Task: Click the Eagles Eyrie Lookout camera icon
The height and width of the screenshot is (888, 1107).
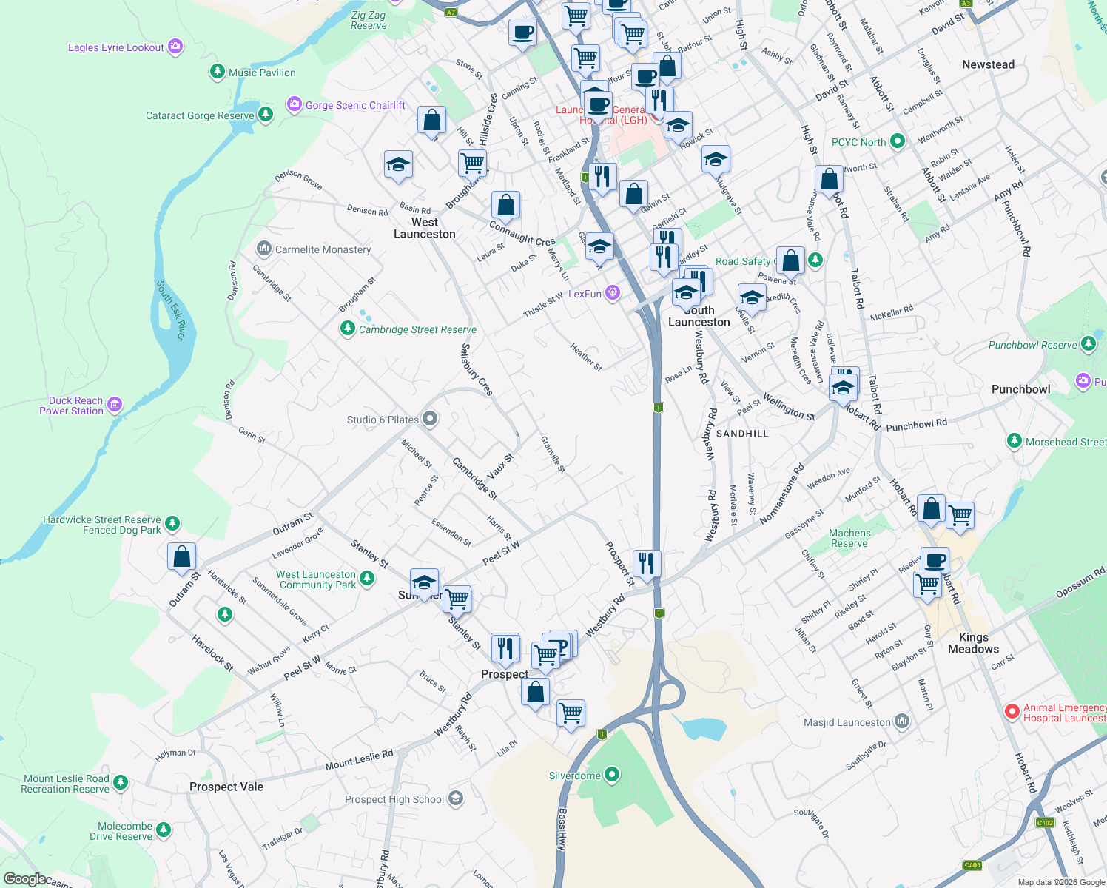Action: (175, 47)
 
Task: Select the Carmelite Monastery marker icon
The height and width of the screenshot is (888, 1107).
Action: (264, 249)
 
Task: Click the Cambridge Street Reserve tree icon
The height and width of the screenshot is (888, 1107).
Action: (348, 329)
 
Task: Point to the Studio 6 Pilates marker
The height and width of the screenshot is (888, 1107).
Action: (430, 420)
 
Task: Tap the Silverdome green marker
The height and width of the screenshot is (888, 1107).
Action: (612, 775)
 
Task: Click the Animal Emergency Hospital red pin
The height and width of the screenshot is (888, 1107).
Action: (1012, 712)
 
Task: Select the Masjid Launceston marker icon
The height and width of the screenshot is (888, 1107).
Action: (901, 721)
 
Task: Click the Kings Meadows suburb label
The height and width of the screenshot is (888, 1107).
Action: (973, 643)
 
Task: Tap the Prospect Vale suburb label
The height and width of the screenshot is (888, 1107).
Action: (226, 787)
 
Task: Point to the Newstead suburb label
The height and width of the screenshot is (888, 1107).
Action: (988, 64)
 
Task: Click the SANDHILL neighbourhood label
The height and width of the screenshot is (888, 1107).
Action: (742, 434)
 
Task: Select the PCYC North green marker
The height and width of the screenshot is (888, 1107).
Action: (898, 141)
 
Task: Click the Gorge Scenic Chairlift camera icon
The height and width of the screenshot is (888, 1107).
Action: (295, 104)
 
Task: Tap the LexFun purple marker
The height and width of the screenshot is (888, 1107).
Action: (613, 293)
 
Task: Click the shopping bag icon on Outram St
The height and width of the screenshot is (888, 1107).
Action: (182, 557)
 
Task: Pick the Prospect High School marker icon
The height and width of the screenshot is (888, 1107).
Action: (456, 798)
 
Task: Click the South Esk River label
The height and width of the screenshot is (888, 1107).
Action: (171, 311)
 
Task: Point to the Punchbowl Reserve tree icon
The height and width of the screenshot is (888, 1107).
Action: (1088, 344)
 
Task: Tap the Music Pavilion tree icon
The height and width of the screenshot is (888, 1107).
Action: (218, 72)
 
